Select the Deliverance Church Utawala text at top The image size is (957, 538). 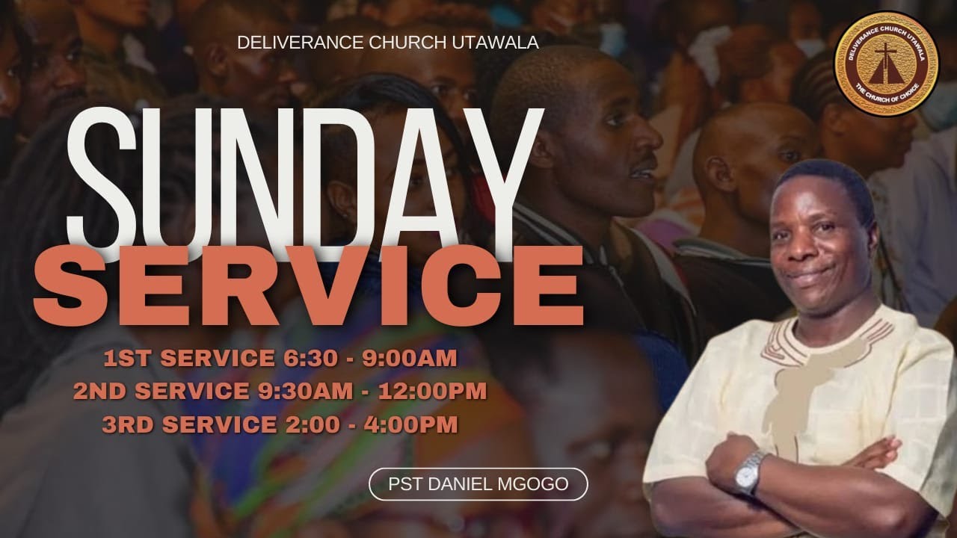pyautogui.click(x=387, y=43)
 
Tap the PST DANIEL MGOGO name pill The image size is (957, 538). pyautogui.click(x=478, y=484)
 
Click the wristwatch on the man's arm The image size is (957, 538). pyautogui.click(x=750, y=472)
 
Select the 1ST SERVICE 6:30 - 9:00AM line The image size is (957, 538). pyautogui.click(x=280, y=359)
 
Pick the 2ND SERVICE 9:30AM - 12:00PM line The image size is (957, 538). pyautogui.click(x=280, y=391)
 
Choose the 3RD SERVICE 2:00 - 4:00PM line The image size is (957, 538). pyautogui.click(x=280, y=424)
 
